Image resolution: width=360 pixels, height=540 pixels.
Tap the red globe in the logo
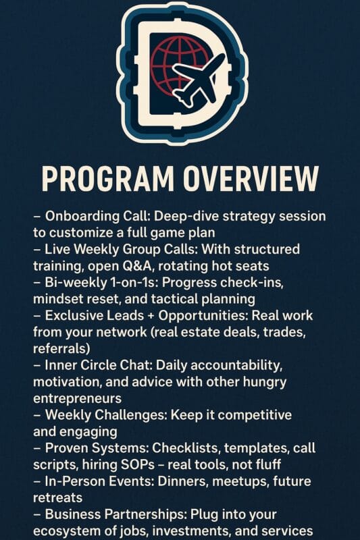click(x=176, y=65)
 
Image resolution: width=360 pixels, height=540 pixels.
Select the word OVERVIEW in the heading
click(x=251, y=179)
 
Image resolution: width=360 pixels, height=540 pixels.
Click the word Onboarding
click(x=82, y=217)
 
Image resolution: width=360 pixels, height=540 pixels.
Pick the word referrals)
click(x=61, y=348)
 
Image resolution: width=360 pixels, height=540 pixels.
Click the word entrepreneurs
click(x=77, y=399)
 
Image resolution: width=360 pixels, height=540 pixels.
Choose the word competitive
click(x=255, y=415)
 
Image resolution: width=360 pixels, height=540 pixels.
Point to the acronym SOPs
click(x=138, y=465)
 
